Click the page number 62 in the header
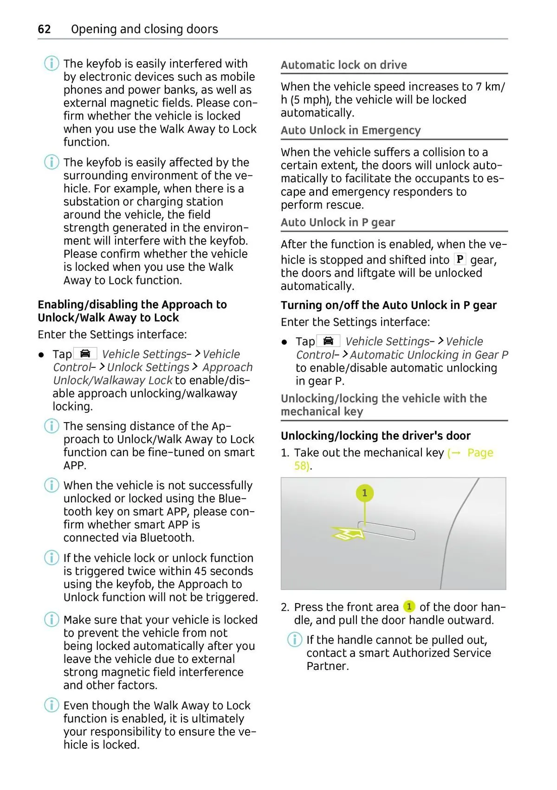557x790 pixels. coord(44,29)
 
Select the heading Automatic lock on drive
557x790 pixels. coord(343,65)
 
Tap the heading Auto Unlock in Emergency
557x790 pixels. coord(350,130)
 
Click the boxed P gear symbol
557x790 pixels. coord(460,259)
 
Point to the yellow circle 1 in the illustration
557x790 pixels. coord(364,493)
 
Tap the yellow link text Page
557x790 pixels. coord(480,453)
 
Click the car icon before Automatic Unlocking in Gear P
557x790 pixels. coord(328,341)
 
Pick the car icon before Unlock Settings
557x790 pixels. coord(85,353)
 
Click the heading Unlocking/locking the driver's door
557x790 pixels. coord(376,436)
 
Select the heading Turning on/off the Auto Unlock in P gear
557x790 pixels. coord(389,305)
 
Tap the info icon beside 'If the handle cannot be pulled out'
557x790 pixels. coord(294,640)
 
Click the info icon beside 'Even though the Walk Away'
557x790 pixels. coord(52,705)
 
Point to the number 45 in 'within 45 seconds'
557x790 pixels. coord(201,571)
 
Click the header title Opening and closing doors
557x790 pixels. coord(144,29)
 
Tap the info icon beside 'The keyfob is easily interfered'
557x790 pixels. coord(52,63)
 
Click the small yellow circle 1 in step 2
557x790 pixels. coord(409,606)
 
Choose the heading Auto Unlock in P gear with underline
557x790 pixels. coord(337,223)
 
